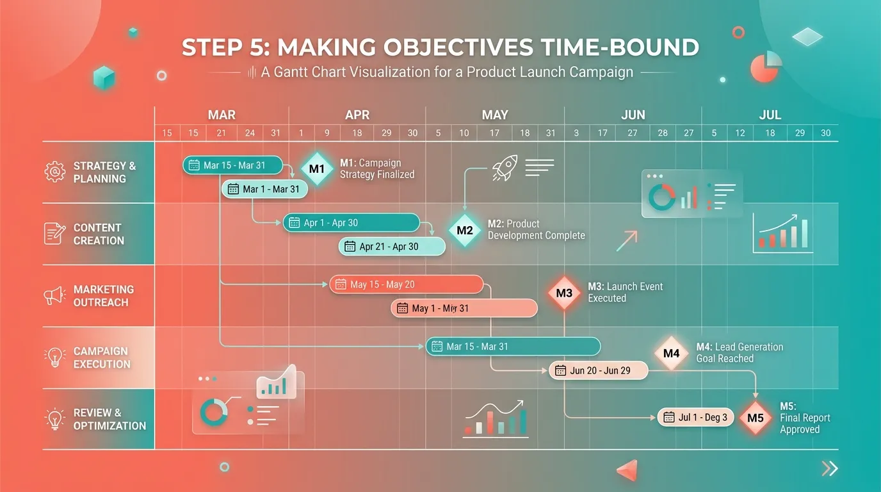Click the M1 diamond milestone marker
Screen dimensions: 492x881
coord(317,169)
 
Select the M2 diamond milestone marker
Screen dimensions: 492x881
coord(465,231)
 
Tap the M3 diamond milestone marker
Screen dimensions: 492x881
coord(564,293)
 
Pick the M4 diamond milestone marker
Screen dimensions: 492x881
coord(671,353)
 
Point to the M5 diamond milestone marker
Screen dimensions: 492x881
coord(756,418)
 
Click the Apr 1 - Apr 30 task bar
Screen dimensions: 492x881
coord(351,223)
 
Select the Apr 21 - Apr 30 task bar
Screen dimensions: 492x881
coord(391,247)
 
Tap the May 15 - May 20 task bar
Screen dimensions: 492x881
coord(406,284)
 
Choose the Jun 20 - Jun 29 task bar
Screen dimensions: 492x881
coord(599,370)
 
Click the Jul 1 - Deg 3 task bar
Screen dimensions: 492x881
coord(695,418)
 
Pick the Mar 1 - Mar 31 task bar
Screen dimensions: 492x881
coord(264,189)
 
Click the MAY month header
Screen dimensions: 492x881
coord(494,115)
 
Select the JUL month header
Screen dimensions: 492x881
coord(770,115)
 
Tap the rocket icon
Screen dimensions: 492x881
coord(504,168)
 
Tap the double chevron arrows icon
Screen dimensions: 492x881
coord(830,469)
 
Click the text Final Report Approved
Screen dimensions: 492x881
coord(804,423)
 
